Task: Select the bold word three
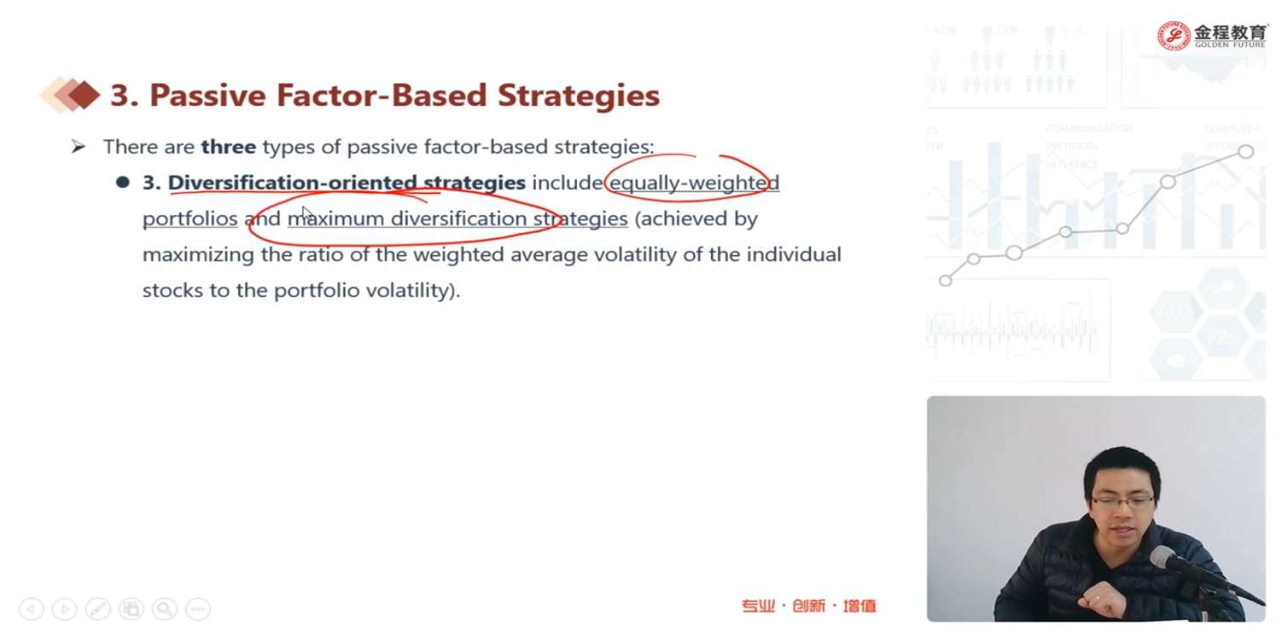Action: (x=228, y=146)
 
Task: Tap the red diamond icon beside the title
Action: (x=84, y=94)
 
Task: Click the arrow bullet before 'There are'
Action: (x=79, y=147)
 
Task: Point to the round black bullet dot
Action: (x=122, y=182)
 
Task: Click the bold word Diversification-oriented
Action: (x=292, y=183)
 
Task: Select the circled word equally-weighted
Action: (x=694, y=183)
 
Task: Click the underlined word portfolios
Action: (x=190, y=219)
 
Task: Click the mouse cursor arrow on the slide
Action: (x=308, y=215)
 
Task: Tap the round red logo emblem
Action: (x=1173, y=36)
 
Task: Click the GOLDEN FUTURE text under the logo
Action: (x=1230, y=44)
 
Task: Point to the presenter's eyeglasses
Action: (x=1121, y=502)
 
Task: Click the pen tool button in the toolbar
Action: (x=98, y=609)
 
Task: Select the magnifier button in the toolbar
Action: (x=164, y=609)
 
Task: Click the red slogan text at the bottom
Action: (x=809, y=605)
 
